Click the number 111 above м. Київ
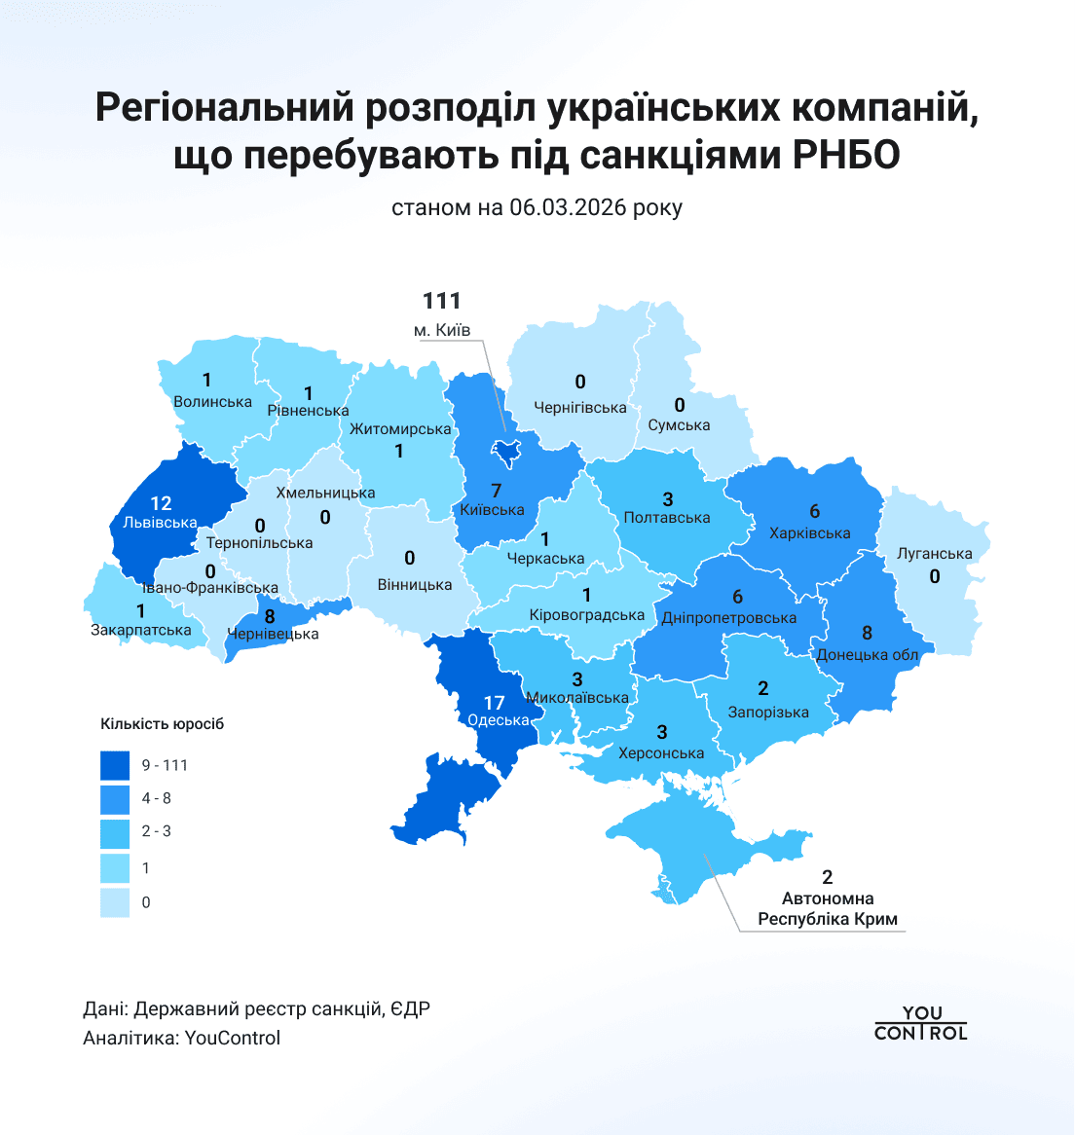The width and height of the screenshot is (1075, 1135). coord(441,302)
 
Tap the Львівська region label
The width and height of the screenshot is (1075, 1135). coord(160,523)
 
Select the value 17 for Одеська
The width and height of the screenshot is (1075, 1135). coord(494,702)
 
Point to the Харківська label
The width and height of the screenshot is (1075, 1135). coord(809,532)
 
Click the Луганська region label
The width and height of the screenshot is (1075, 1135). coord(935,554)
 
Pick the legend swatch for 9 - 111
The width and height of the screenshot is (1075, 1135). coord(115,765)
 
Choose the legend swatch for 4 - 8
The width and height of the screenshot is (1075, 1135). coord(115,798)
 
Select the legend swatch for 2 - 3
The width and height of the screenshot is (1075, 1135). coord(115,832)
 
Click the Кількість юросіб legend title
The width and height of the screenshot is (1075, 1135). coord(162,724)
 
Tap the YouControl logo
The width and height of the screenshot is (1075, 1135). coord(920,1024)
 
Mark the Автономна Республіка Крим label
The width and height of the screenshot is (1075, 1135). coord(828,909)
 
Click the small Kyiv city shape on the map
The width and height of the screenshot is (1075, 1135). coord(505,449)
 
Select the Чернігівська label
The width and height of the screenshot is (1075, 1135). coord(580,408)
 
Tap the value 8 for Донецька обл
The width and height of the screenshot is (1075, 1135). coord(867,634)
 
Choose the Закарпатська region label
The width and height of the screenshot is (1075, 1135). coord(141,630)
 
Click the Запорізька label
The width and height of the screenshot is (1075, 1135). coord(768,713)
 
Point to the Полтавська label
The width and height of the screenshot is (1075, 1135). coord(667,518)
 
